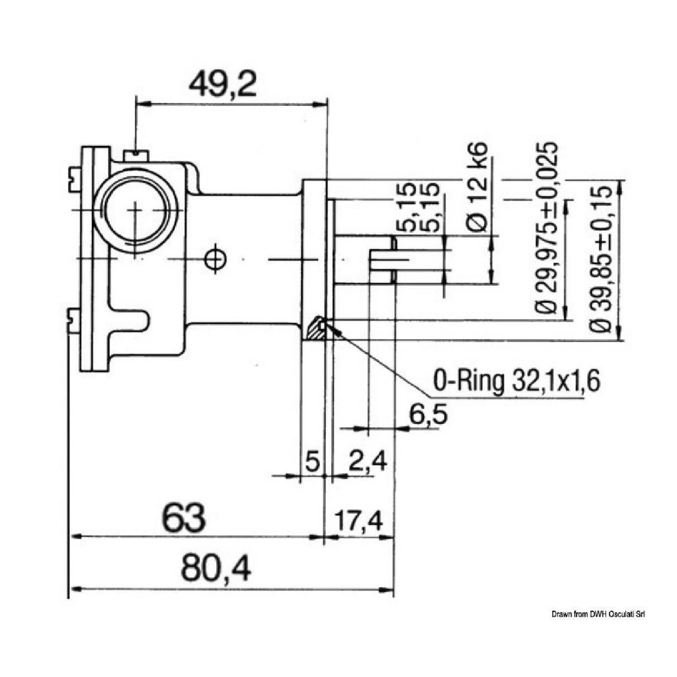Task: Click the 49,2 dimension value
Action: [222, 84]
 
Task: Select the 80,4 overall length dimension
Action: [216, 569]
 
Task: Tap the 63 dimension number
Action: [185, 518]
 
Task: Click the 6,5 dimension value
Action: [428, 415]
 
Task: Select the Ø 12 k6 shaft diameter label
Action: [477, 187]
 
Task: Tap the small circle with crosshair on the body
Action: [215, 259]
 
